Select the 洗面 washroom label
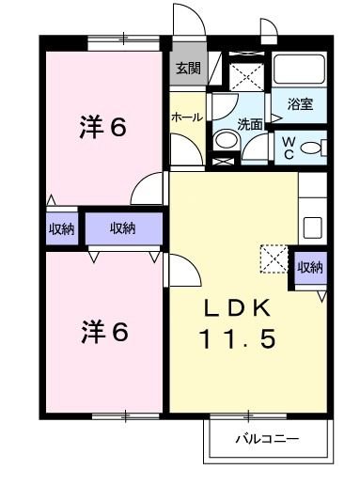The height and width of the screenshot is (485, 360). pos(249,123)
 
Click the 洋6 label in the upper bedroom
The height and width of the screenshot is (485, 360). pos(102,126)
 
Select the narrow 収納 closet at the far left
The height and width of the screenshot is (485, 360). pos(61,227)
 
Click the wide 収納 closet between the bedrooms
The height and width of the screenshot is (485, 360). pos(122,227)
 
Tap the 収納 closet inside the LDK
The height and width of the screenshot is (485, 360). pos(310,267)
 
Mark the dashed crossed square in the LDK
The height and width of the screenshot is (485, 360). pos(274,258)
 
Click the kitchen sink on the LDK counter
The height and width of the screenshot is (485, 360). pos(311,227)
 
